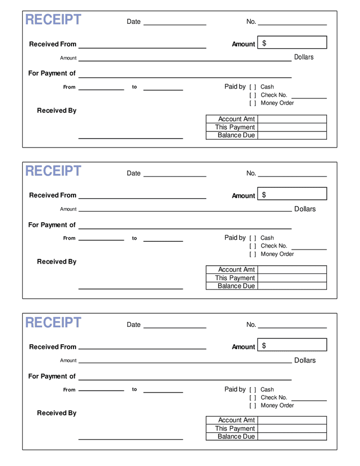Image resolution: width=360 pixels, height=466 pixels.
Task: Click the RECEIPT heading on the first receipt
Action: pos(53,20)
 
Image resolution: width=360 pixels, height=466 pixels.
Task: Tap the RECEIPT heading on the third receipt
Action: pos(53,323)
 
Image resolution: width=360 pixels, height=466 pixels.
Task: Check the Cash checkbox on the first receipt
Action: pos(253,87)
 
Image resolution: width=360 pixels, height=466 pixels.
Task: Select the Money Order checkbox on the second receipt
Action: pos(253,254)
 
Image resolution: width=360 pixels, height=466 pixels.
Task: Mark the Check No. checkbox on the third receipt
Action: pos(253,398)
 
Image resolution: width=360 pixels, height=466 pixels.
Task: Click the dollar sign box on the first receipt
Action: pos(292,42)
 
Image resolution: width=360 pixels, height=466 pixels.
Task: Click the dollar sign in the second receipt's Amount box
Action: pos(264,195)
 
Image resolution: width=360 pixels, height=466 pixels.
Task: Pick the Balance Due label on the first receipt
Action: pos(236,135)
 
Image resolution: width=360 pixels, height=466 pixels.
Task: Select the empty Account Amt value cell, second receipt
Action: pos(292,270)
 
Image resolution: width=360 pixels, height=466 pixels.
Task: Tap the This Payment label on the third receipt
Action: pos(235,429)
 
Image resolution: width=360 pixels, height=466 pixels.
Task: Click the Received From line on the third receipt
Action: pos(142,348)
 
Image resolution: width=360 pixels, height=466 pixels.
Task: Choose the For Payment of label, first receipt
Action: pos(52,74)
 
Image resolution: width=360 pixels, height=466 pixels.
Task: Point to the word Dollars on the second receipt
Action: pos(305,209)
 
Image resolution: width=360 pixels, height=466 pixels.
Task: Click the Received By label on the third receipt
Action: pos(56,413)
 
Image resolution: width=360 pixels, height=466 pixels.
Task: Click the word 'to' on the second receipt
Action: pos(135,238)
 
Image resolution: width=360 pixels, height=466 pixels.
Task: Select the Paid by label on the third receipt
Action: pos(235,389)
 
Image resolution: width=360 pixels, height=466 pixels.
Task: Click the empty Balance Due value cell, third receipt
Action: pos(292,436)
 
